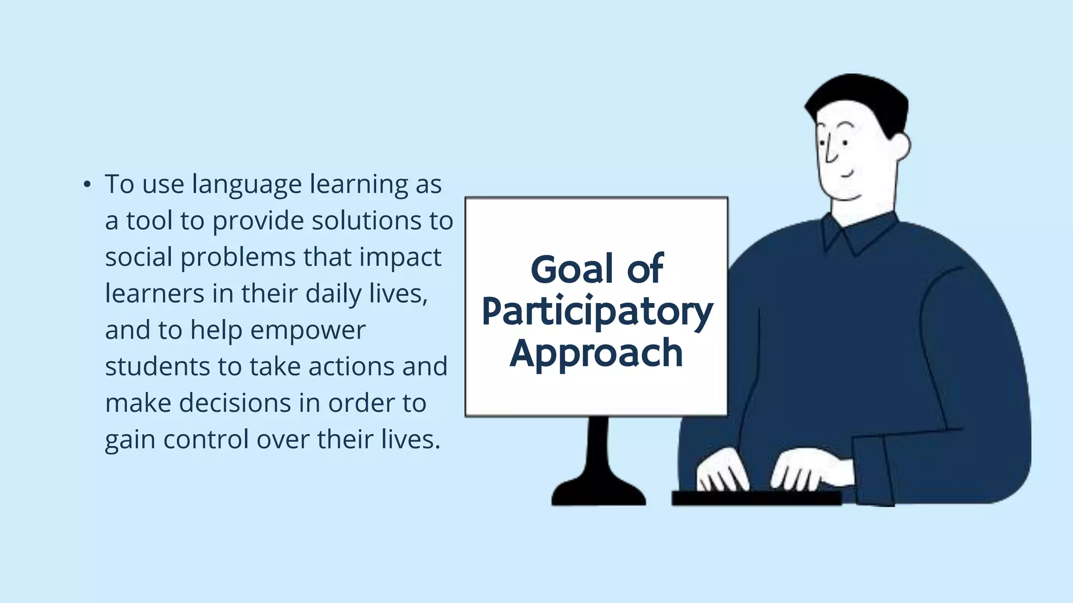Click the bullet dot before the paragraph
click(x=87, y=185)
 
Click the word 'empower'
click(x=308, y=331)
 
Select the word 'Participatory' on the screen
click(x=597, y=312)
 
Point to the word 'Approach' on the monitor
click(x=596, y=354)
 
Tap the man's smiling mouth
click(x=846, y=175)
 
